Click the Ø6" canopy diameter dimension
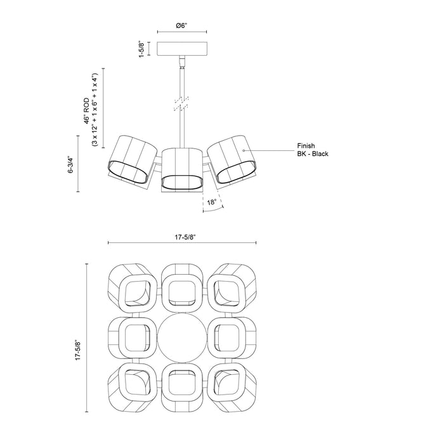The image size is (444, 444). coord(181,26)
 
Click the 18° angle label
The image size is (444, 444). coord(211,203)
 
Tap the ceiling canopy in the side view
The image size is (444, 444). coord(181,49)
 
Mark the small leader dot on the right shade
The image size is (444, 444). coord(244,150)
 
